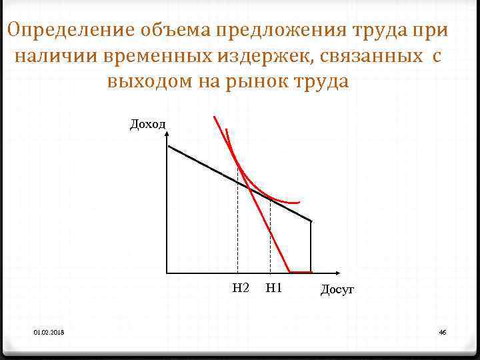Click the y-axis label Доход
(147, 123)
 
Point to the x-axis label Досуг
(337, 289)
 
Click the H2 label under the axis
(241, 288)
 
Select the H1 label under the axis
(274, 288)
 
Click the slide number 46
(442, 332)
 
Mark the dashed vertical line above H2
(238, 227)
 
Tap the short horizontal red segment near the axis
(300, 271)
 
